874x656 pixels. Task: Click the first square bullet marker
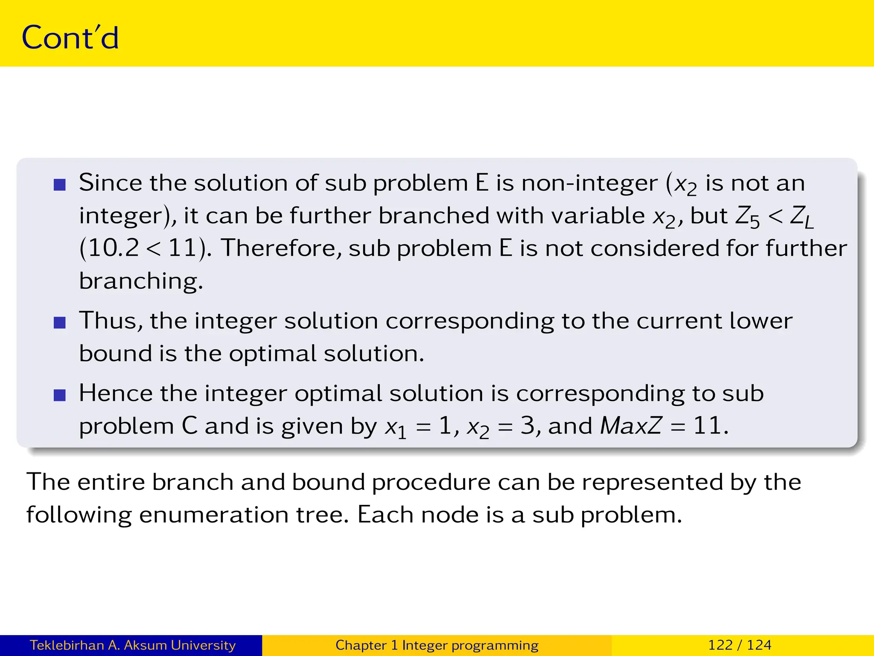(60, 184)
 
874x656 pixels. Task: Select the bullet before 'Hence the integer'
(60, 395)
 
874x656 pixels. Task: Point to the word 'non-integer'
(589, 184)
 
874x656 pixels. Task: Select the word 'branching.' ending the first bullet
(141, 282)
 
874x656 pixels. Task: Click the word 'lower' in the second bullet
(760, 321)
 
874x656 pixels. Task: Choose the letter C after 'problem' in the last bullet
(189, 426)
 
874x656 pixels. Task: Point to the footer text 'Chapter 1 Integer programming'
(437, 645)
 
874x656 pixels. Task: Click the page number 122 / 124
(740, 645)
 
